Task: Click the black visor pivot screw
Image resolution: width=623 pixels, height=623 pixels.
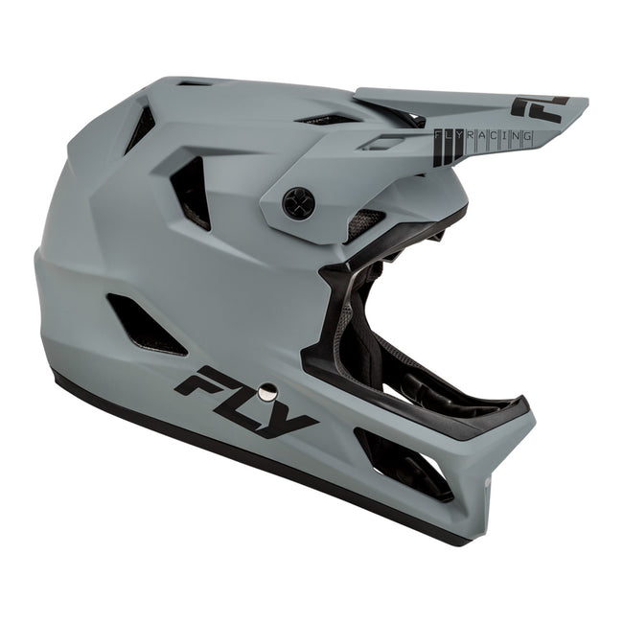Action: click(297, 202)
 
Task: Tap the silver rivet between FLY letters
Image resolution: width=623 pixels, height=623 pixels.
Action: click(267, 391)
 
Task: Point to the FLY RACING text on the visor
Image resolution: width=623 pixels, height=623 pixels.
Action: click(484, 136)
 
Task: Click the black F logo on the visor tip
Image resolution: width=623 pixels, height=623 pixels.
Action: click(539, 105)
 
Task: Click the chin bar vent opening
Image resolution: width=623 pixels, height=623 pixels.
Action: click(403, 465)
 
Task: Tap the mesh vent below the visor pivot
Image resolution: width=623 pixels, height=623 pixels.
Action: click(364, 225)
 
